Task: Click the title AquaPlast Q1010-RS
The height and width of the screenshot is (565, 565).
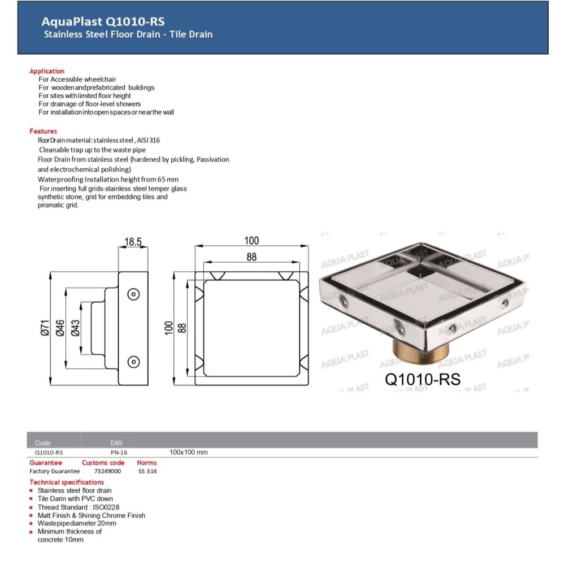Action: tap(103, 21)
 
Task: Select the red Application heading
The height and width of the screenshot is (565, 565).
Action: tap(47, 71)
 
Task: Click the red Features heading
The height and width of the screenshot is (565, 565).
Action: tap(43, 131)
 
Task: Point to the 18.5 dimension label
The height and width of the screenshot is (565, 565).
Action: tap(132, 242)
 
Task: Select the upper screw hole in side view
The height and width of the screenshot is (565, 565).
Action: tap(134, 294)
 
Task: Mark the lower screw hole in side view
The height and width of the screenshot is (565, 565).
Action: tap(134, 362)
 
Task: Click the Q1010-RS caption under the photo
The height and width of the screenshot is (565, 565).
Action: tap(423, 379)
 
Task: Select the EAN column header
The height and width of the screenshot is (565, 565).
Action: tap(116, 443)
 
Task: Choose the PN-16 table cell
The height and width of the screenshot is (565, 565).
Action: tap(119, 453)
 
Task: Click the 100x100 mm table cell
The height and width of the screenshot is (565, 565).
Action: tap(189, 453)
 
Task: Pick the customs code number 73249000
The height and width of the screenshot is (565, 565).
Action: tap(107, 471)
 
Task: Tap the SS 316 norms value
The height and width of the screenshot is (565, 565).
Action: tap(147, 471)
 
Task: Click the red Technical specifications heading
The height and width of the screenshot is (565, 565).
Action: tap(67, 482)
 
